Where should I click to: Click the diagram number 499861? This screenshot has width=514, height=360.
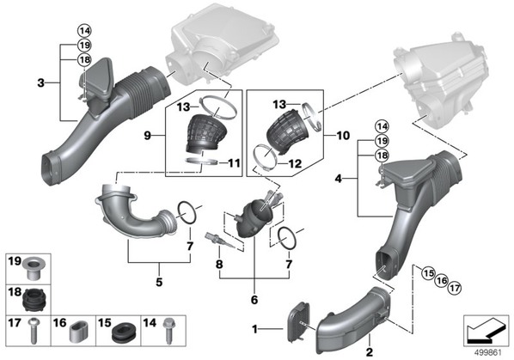coord(488,352)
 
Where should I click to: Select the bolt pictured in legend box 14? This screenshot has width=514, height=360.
coord(168,331)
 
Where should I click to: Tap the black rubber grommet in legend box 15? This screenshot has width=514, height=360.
coord(123,333)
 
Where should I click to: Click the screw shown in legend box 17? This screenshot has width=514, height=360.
coord(33,331)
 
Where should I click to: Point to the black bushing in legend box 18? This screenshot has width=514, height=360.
coord(34,300)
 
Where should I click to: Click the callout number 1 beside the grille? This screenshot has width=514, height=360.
coord(254,329)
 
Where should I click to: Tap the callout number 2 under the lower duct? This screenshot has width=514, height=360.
coord(370,352)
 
